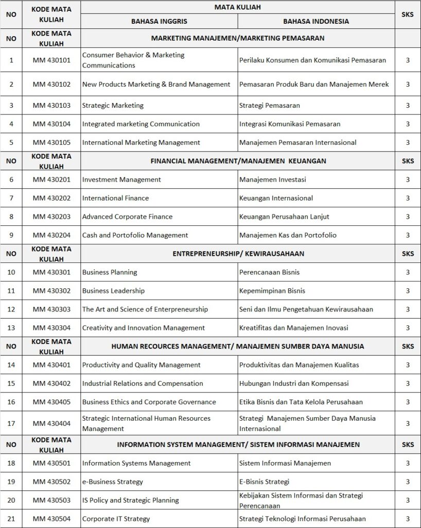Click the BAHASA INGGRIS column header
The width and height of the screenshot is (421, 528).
[159, 21]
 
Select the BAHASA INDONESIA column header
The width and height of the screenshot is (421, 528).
[315, 21]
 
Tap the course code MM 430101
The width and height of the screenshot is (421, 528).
[51, 60]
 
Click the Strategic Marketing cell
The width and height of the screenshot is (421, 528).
[113, 105]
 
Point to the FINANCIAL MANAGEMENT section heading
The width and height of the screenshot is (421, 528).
[238, 161]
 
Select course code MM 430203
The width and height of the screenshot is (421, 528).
[51, 217]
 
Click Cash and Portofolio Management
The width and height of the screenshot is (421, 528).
[135, 235]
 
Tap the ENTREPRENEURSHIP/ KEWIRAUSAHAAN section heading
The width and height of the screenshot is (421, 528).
[238, 254]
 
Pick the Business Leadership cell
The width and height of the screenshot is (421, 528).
[113, 291]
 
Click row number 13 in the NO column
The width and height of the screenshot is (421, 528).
[11, 328]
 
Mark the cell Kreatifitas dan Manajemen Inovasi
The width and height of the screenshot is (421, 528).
[293, 328]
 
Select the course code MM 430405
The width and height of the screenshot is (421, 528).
[51, 402]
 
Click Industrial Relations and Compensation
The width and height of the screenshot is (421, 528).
[143, 384]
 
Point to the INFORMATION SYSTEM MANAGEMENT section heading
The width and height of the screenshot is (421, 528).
[238, 444]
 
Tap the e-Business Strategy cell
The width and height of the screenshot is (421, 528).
[113, 482]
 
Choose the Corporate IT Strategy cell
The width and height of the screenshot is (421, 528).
[116, 519]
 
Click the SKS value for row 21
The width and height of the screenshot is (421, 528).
[408, 519]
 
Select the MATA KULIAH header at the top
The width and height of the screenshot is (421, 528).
[238, 7]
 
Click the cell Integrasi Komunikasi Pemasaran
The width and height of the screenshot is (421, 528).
[290, 124]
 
